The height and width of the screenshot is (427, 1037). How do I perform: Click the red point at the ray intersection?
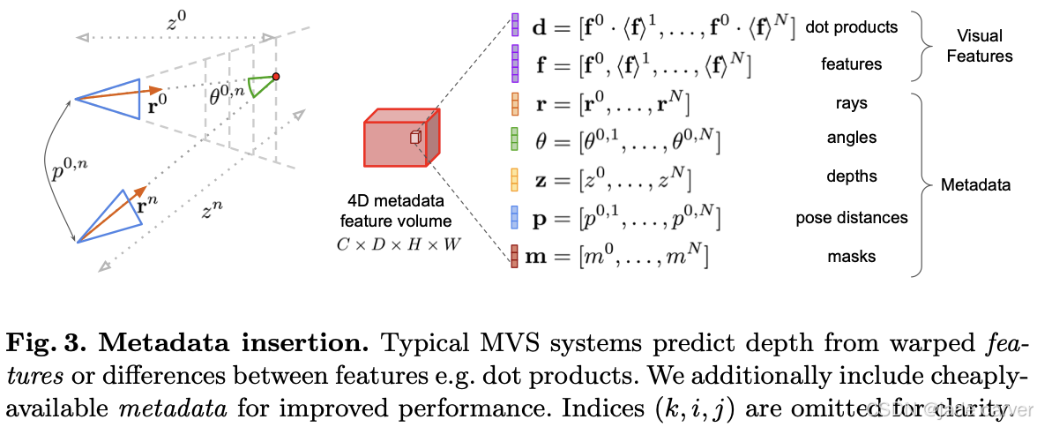[276, 78]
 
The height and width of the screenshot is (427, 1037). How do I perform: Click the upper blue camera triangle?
[115, 98]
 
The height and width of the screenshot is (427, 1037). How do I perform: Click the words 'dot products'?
[852, 26]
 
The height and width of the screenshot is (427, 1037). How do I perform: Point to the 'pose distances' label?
[851, 217]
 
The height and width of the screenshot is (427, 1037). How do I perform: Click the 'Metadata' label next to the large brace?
[975, 185]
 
